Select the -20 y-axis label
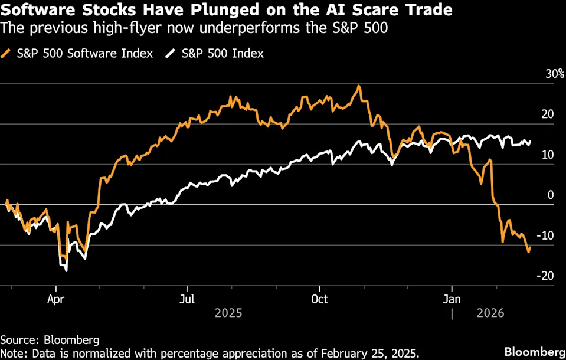point(545,276)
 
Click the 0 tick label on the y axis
point(551,195)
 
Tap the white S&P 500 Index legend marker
point(171,54)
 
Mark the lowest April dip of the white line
point(66,270)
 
